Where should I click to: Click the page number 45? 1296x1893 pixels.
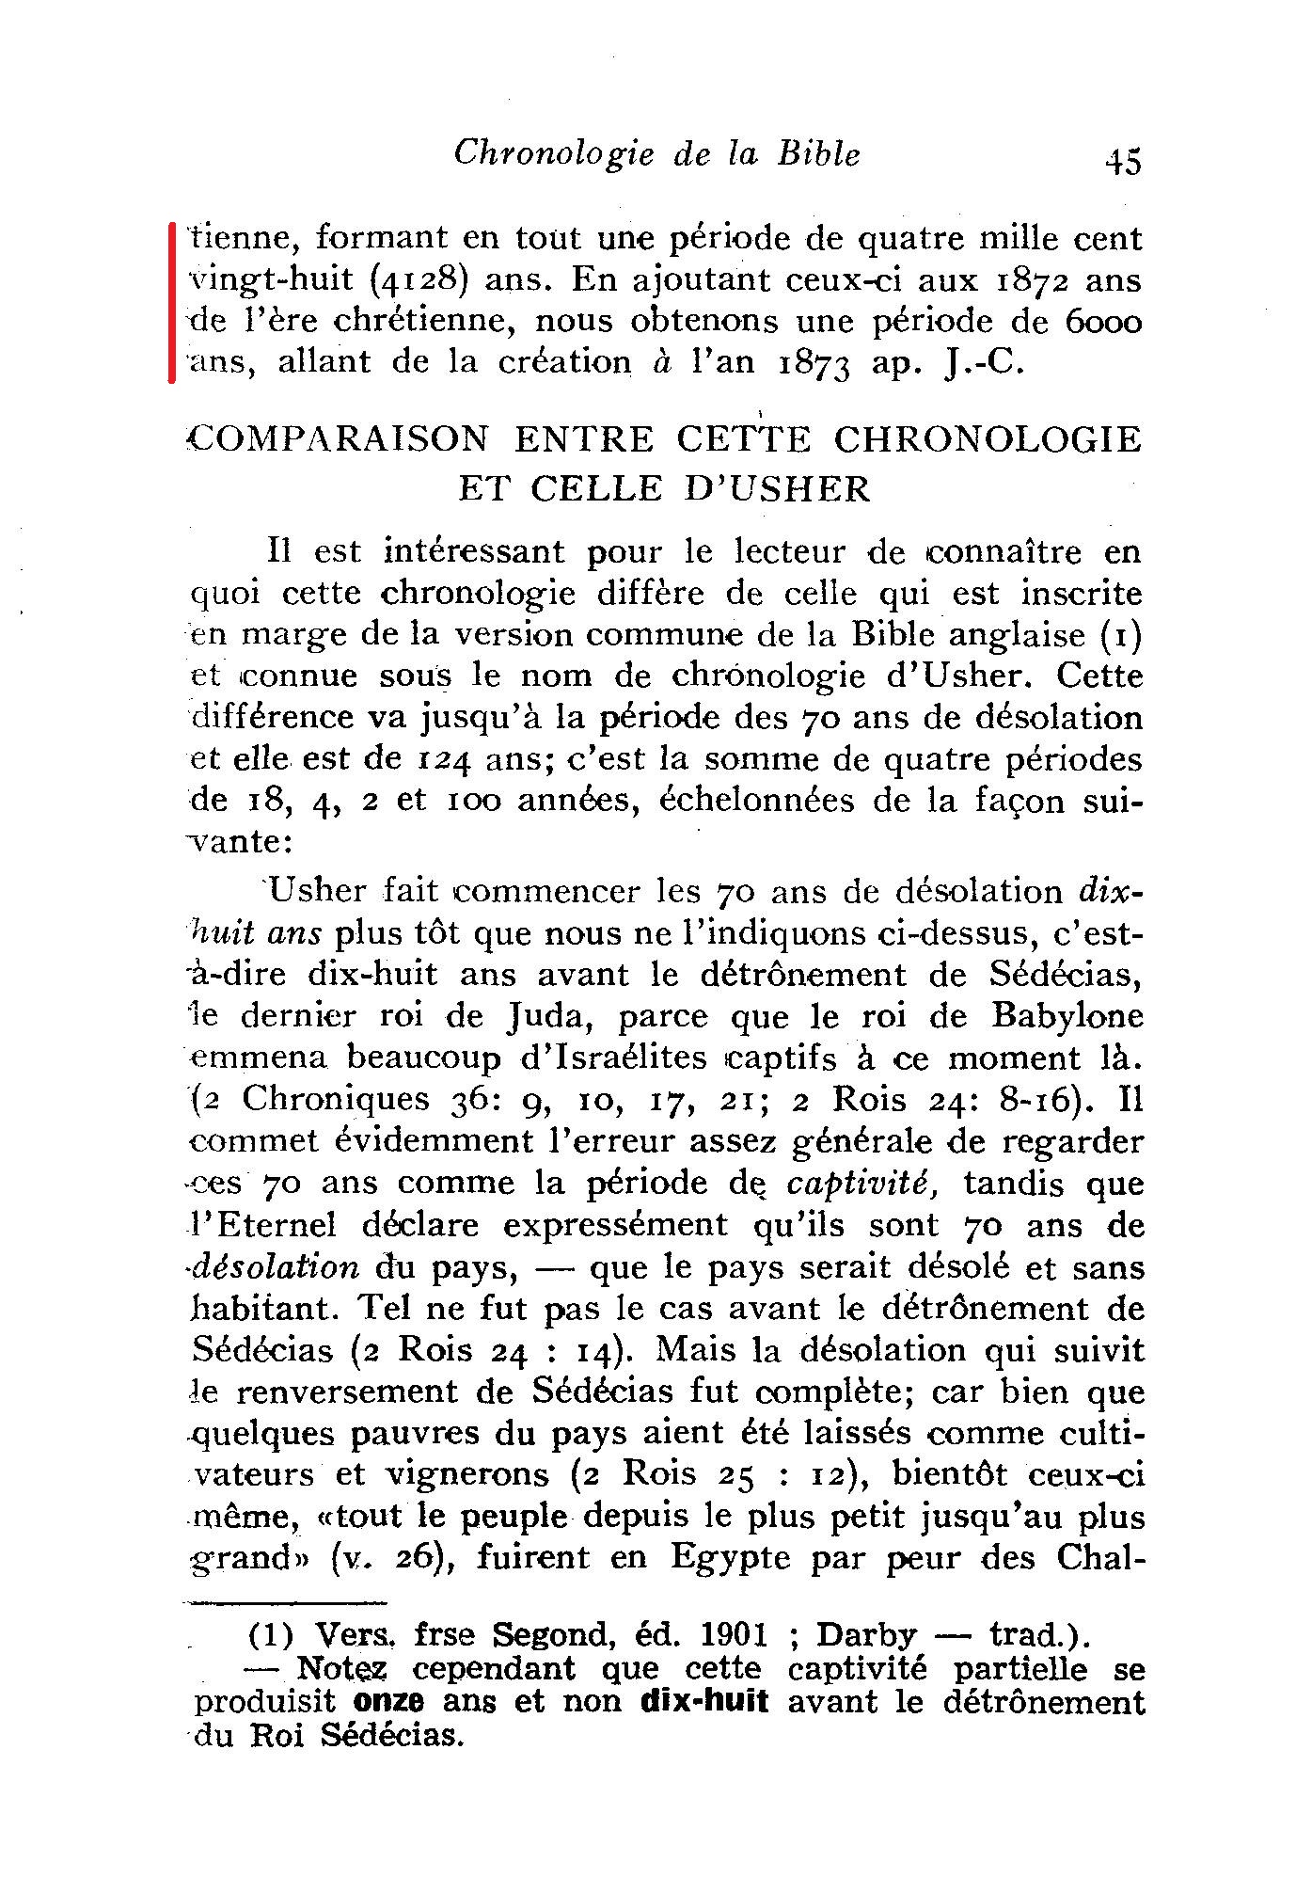pyautogui.click(x=1123, y=161)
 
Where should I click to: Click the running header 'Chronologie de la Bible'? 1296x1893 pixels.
pyautogui.click(x=656, y=154)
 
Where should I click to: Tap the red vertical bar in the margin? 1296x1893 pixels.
pyautogui.click(x=172, y=302)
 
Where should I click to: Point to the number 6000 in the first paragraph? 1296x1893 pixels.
pyautogui.click(x=1104, y=322)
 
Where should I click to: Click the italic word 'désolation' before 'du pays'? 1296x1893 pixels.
pyautogui.click(x=275, y=1266)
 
